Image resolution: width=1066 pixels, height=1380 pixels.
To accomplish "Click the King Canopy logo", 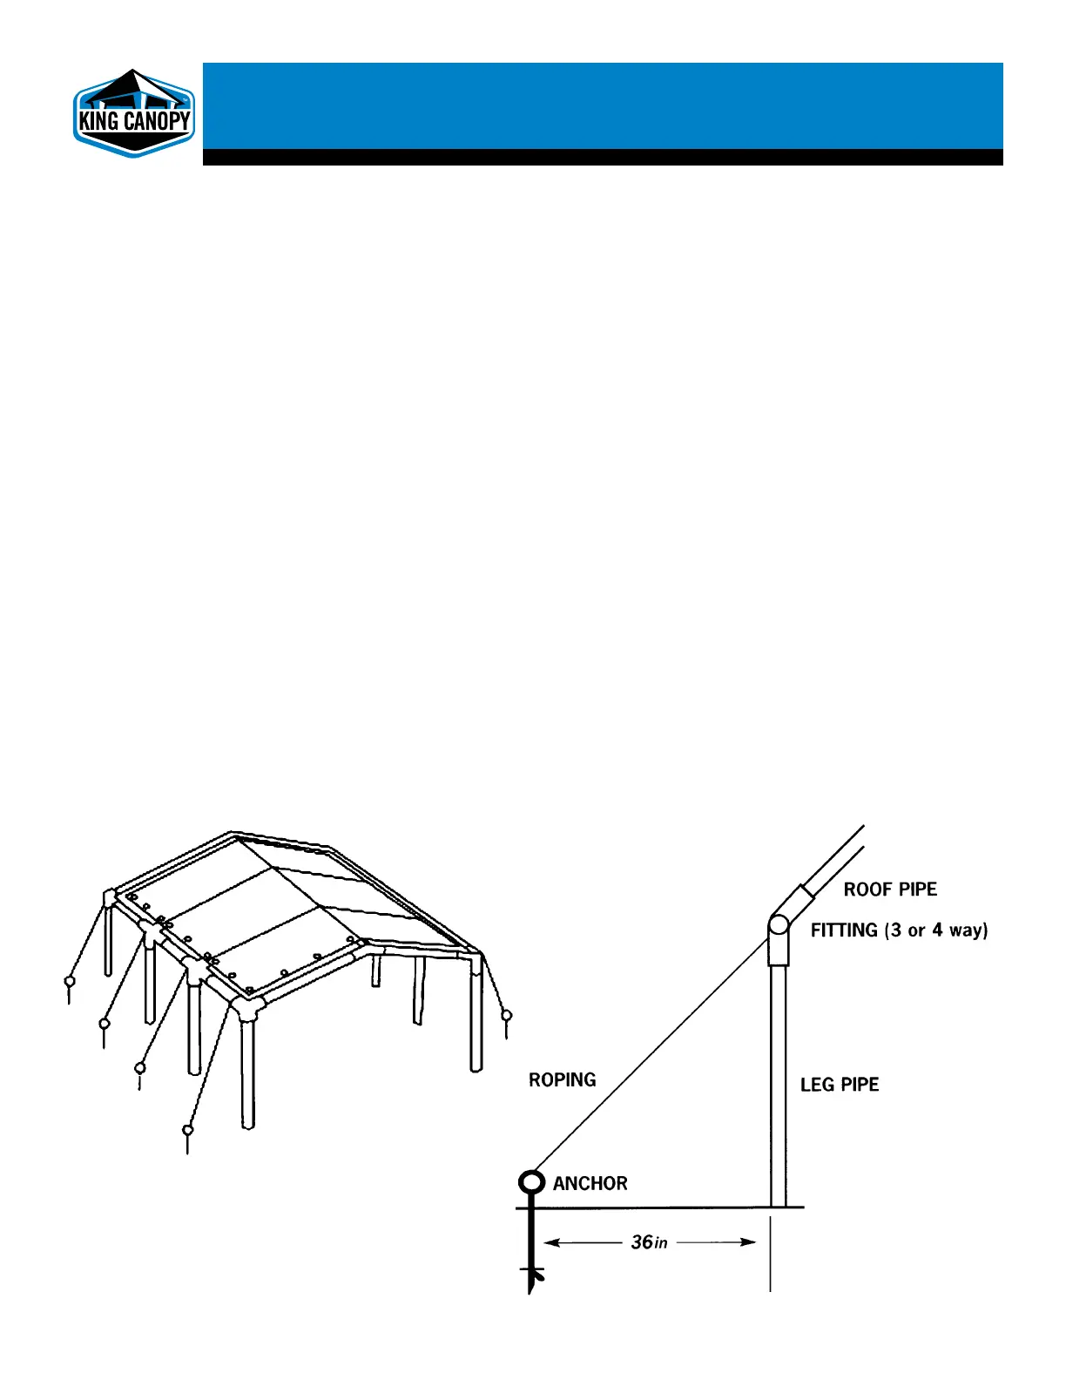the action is [133, 114].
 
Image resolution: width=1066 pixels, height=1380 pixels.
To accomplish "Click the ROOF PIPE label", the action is [890, 890].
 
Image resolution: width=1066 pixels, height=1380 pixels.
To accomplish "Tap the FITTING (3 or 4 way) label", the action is [899, 930].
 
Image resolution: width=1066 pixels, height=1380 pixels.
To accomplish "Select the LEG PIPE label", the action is [840, 1085].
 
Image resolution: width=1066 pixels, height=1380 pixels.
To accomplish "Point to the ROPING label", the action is [563, 1080].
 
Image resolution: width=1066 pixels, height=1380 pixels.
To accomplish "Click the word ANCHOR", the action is [590, 1183].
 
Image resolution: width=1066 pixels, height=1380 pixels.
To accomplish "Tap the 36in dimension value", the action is [649, 1242].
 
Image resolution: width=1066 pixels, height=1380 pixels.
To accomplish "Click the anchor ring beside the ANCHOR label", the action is [531, 1182].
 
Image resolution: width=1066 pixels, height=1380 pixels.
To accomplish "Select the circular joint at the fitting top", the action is [779, 925].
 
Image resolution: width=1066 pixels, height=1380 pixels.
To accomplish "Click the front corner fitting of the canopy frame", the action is [248, 1009].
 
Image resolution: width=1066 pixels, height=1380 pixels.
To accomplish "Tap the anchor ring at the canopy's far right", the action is [507, 1015].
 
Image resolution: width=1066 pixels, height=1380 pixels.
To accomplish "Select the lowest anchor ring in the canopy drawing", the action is [187, 1130].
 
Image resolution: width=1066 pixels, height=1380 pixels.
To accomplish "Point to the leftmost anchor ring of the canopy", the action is [70, 981].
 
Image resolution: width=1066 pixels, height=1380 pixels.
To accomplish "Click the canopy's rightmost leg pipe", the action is [476, 1019].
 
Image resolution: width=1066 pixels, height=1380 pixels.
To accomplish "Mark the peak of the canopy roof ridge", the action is [232, 834].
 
